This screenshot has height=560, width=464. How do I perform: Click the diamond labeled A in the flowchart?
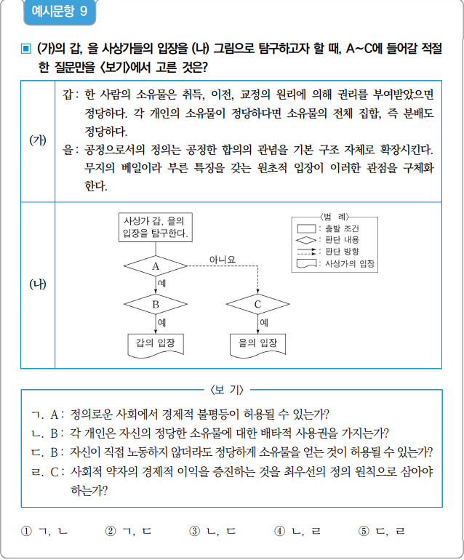click(155, 266)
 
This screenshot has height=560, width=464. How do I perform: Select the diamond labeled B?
click(155, 304)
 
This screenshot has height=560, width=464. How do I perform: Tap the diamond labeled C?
click(257, 304)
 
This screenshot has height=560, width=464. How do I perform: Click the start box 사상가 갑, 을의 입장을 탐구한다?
click(155, 228)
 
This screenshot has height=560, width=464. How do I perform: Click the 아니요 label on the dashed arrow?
click(222, 259)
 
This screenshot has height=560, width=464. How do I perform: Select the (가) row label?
click(37, 140)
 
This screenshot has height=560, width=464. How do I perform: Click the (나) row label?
click(37, 284)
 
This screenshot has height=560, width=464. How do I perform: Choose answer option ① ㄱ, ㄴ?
click(45, 531)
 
